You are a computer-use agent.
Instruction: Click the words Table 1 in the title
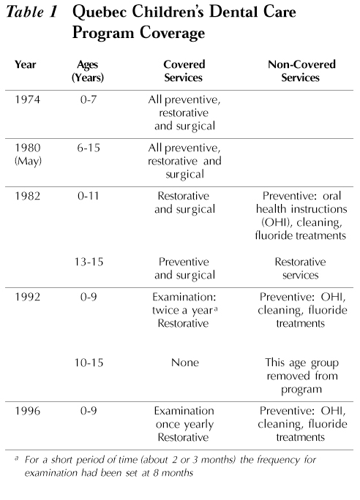click(x=32, y=12)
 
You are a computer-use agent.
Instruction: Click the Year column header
click(x=25, y=64)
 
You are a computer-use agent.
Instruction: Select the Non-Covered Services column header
click(x=301, y=71)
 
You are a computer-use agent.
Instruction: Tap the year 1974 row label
click(x=28, y=99)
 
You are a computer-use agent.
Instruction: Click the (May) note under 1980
click(x=28, y=161)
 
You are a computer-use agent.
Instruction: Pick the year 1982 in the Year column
click(x=28, y=196)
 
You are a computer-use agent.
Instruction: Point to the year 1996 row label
click(x=28, y=411)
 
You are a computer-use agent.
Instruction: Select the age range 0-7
click(x=89, y=99)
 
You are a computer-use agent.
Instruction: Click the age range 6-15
click(x=89, y=148)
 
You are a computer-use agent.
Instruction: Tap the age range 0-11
click(x=88, y=196)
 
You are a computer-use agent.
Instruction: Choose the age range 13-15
click(x=89, y=262)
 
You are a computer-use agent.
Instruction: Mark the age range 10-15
click(x=89, y=363)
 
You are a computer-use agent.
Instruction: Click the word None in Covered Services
click(x=185, y=363)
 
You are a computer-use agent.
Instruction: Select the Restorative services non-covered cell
click(x=300, y=268)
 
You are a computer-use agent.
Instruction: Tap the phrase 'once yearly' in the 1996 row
click(x=185, y=425)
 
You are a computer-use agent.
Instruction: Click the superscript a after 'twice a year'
click(x=216, y=308)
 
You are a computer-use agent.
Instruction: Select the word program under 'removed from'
click(x=301, y=390)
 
